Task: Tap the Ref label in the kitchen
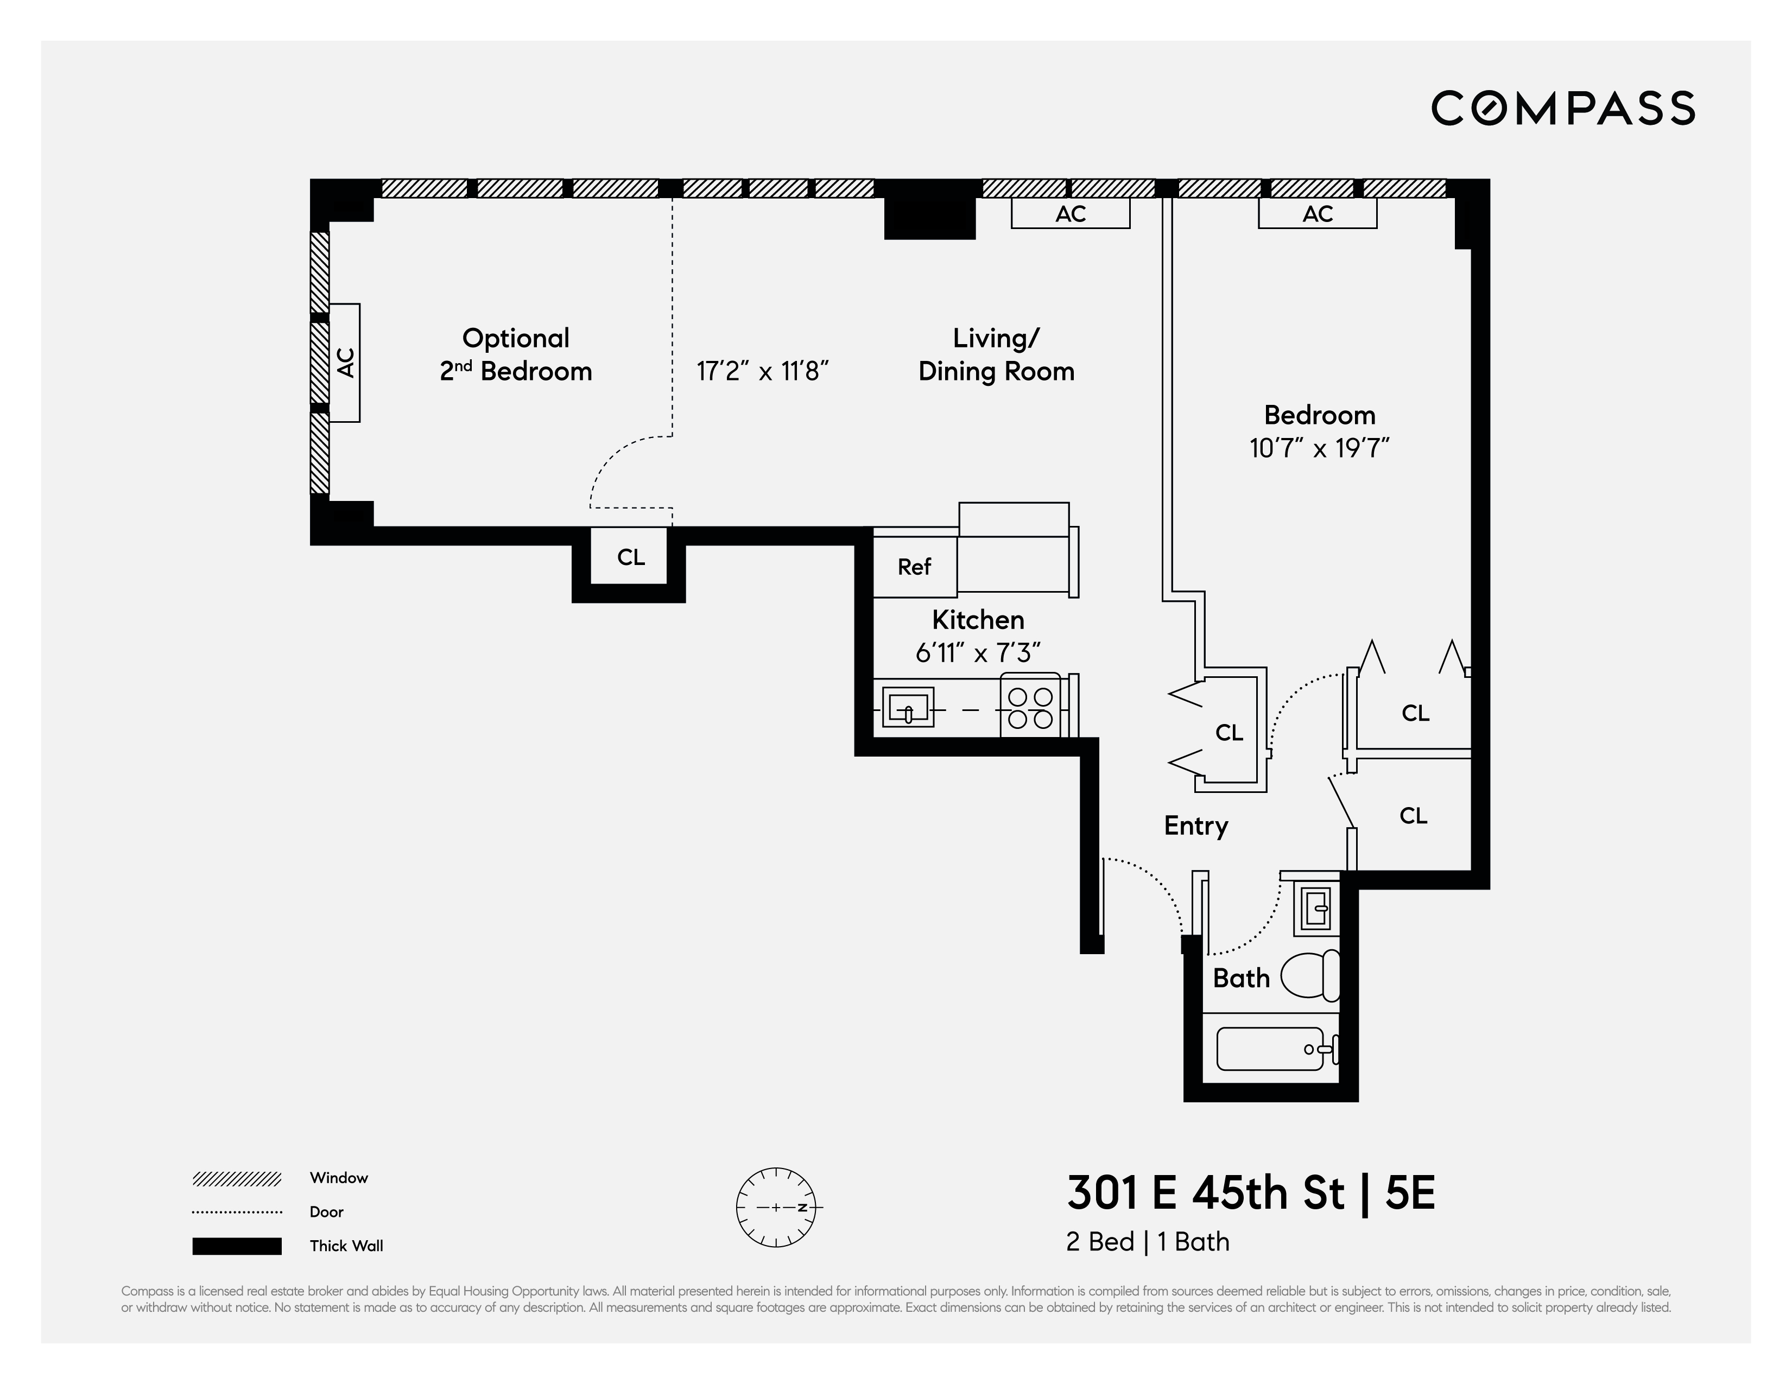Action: (914, 567)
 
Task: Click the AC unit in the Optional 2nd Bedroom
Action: (345, 363)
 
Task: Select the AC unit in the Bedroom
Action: (1317, 214)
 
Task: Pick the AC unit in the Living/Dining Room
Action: (1070, 214)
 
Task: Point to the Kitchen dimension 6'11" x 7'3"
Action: (977, 653)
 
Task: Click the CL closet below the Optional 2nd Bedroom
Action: (630, 557)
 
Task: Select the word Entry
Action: (1195, 826)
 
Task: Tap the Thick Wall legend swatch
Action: (237, 1246)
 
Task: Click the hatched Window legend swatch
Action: (237, 1179)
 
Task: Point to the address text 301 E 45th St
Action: (1206, 1193)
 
